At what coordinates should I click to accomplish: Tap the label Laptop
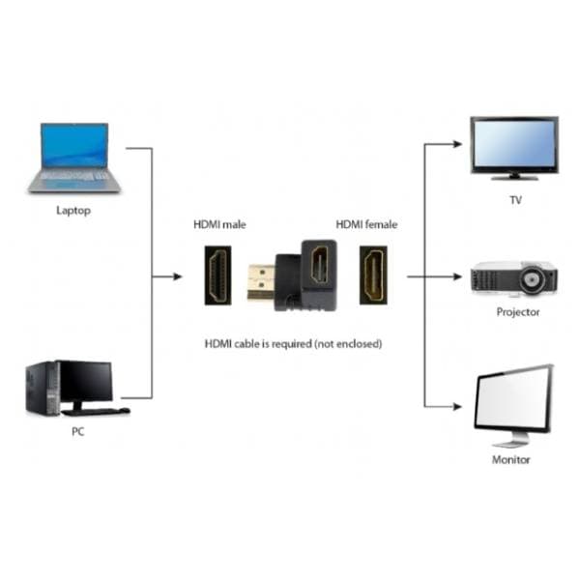74,210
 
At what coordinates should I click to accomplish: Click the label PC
77,432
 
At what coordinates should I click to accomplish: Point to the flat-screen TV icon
513,147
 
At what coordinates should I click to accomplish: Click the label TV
515,201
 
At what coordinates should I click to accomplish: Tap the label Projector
518,312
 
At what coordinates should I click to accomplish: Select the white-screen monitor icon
512,404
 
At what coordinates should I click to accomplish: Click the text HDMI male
220,224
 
